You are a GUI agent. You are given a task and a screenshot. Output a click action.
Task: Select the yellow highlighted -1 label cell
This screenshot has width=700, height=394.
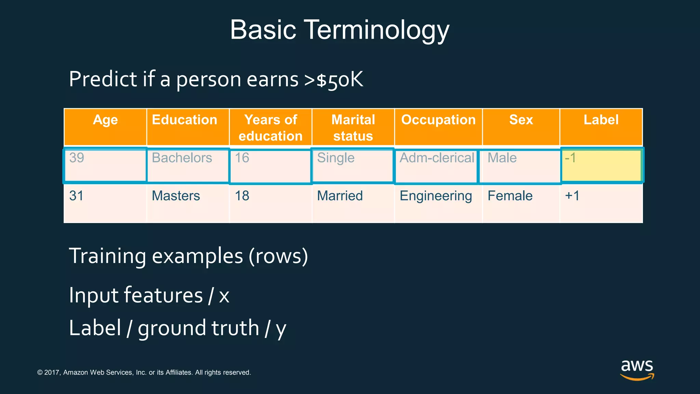point(602,165)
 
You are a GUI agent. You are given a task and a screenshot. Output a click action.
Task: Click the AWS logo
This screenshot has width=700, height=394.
point(637,370)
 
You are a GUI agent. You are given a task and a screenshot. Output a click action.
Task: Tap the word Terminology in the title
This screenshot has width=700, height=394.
point(376,30)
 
